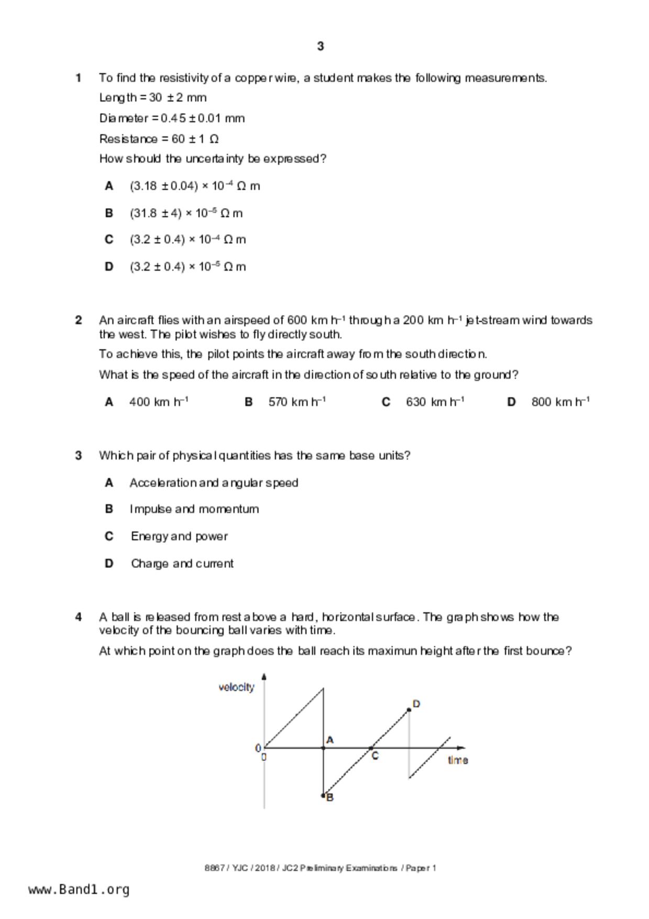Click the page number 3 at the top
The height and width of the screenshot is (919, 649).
pyautogui.click(x=321, y=47)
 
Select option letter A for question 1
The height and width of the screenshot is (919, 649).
pyautogui.click(x=109, y=186)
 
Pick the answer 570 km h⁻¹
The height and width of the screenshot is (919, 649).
pyautogui.click(x=297, y=402)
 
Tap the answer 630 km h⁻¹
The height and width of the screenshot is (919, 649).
pyautogui.click(x=435, y=402)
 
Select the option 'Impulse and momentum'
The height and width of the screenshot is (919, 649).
pyautogui.click(x=194, y=509)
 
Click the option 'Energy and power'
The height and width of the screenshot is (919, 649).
pyautogui.click(x=179, y=537)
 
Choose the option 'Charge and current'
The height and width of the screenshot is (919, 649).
pyautogui.click(x=182, y=564)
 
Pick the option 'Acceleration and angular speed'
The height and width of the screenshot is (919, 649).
pyautogui.click(x=214, y=483)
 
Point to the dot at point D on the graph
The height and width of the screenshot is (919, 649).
pyautogui.click(x=409, y=710)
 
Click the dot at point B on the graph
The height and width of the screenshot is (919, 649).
pyautogui.click(x=323, y=795)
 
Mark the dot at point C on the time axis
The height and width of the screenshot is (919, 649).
pyautogui.click(x=371, y=748)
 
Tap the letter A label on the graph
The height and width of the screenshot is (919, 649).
pyautogui.click(x=330, y=740)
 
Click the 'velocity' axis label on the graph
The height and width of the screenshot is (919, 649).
pyautogui.click(x=236, y=687)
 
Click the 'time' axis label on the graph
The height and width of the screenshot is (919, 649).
pyautogui.click(x=458, y=760)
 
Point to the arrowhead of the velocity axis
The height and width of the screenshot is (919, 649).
pyautogui.click(x=264, y=676)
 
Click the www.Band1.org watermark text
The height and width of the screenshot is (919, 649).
pyautogui.click(x=79, y=890)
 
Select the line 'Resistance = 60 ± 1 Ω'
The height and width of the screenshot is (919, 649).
pyautogui.click(x=159, y=139)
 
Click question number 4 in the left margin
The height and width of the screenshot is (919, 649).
pyautogui.click(x=79, y=617)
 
